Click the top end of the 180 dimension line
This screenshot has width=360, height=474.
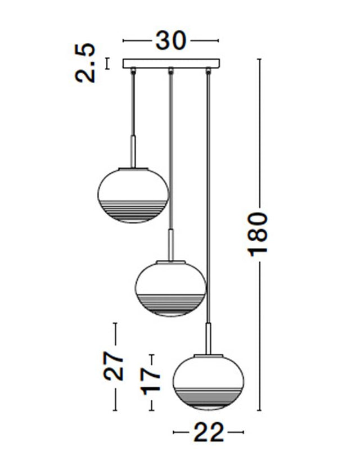pyautogui.click(x=259, y=59)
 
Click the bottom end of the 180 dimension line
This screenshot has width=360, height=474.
pyautogui.click(x=259, y=410)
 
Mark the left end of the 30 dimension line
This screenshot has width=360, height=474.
pyautogui.click(x=123, y=40)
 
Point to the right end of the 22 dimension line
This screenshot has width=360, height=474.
pyautogui.click(x=243, y=432)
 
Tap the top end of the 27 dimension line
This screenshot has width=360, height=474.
pyautogui.click(x=115, y=323)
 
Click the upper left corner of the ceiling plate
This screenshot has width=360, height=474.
pyautogui.click(x=123, y=59)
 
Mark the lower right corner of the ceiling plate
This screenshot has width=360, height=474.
pyautogui.click(x=219, y=67)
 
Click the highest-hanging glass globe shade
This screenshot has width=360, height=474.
pyautogui.click(x=133, y=195)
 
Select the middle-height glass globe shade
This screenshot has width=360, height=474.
pyautogui.click(x=170, y=288)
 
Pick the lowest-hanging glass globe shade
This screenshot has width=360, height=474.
pyautogui.click(x=209, y=382)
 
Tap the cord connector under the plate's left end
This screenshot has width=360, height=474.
pyautogui.click(x=133, y=71)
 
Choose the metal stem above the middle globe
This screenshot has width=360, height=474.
pyautogui.click(x=171, y=245)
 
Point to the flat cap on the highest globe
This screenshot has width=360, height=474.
pyautogui.click(x=133, y=168)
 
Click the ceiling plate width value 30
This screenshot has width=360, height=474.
pyautogui.click(x=171, y=41)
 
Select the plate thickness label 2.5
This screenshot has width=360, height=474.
pyautogui.click(x=85, y=63)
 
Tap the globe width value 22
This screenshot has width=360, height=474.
pyautogui.click(x=209, y=432)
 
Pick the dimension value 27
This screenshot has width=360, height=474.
pyautogui.click(x=113, y=365)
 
